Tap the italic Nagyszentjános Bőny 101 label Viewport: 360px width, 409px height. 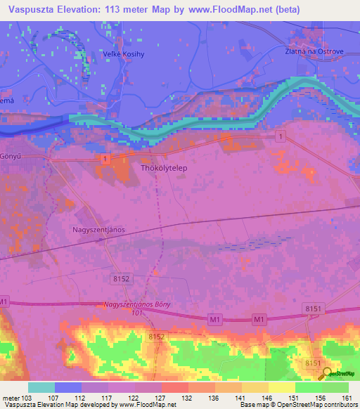click(x=138, y=308)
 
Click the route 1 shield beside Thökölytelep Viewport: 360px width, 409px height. click(x=105, y=160)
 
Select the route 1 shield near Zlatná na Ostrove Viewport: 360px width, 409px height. click(x=281, y=136)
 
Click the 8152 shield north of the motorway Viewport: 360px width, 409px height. click(x=121, y=279)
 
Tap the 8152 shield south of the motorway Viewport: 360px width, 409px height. click(x=156, y=337)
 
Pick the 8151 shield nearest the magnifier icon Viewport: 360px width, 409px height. click(x=312, y=362)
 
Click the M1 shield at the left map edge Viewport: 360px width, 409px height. click(x=4, y=301)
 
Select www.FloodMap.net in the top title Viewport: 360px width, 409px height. click(x=238, y=10)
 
